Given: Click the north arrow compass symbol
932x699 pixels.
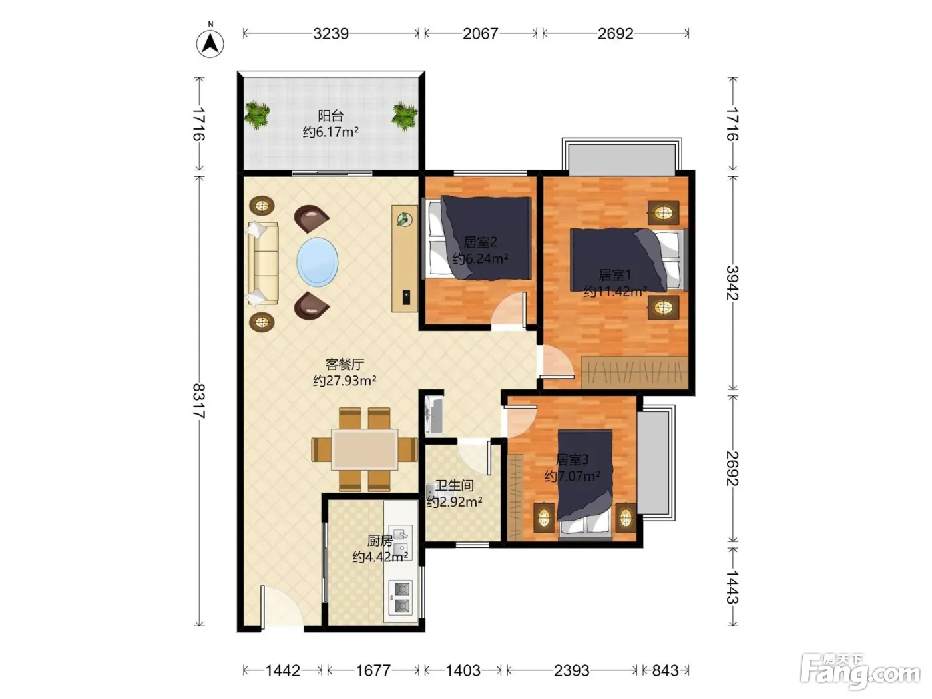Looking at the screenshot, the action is point(210,43).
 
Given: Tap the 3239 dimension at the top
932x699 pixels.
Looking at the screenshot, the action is point(330,33).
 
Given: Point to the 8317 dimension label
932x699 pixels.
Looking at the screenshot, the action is point(199,401).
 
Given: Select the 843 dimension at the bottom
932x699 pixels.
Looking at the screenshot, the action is point(665,670).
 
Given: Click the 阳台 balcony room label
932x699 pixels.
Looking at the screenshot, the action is point(330,115).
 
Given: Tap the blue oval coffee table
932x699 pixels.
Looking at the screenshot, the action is point(317,262).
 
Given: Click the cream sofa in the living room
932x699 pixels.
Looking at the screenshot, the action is point(262,263).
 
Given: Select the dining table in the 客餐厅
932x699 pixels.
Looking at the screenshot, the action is point(364,449).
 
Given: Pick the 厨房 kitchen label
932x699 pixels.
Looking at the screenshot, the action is point(380,541).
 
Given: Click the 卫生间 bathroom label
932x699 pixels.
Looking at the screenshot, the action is point(454,485).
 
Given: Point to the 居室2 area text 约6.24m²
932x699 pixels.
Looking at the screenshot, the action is point(480,258).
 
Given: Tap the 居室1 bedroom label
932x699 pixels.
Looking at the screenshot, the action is point(615,275).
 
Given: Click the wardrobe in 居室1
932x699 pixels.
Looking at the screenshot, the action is point(634,372).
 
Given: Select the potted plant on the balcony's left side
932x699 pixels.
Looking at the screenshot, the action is point(257,114).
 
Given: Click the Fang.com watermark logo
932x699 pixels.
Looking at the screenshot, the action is point(860,670).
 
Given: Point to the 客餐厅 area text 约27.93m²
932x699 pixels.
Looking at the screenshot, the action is point(344,381).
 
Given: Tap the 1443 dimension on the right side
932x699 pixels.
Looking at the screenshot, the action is point(732,587).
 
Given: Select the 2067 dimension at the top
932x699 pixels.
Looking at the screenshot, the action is point(480,33).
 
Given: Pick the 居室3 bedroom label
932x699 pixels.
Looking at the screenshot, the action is point(572,459).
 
